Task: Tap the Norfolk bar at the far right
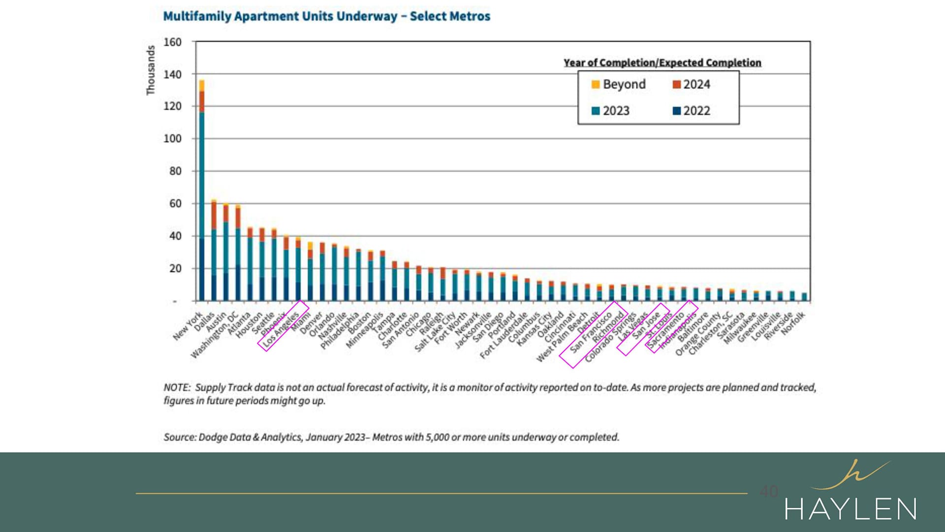pyautogui.click(x=804, y=297)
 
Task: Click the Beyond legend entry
pyautogui.click(x=619, y=84)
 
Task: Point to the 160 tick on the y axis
pyautogui.click(x=172, y=42)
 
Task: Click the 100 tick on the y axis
pyautogui.click(x=172, y=138)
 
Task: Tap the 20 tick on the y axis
pyautogui.click(x=175, y=268)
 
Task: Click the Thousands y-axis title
pyautogui.click(x=151, y=70)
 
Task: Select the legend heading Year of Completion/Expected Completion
pyautogui.click(x=662, y=63)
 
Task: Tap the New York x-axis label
pyautogui.click(x=188, y=326)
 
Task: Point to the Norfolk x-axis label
pyautogui.click(x=793, y=323)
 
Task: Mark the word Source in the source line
pyautogui.click(x=179, y=437)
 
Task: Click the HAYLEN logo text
pyautogui.click(x=850, y=509)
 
